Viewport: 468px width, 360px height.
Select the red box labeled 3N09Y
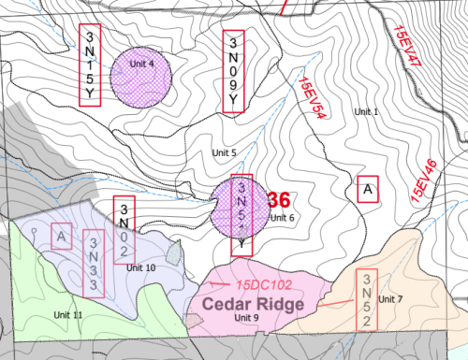[234, 72]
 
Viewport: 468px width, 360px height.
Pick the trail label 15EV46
[422, 181]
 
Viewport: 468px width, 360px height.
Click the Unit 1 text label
[367, 111]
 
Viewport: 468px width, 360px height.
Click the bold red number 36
[279, 200]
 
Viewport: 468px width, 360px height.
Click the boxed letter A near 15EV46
[368, 189]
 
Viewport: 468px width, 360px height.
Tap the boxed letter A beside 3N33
[62, 236]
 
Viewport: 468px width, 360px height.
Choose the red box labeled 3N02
[124, 229]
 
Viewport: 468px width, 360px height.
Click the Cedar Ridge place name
[248, 305]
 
